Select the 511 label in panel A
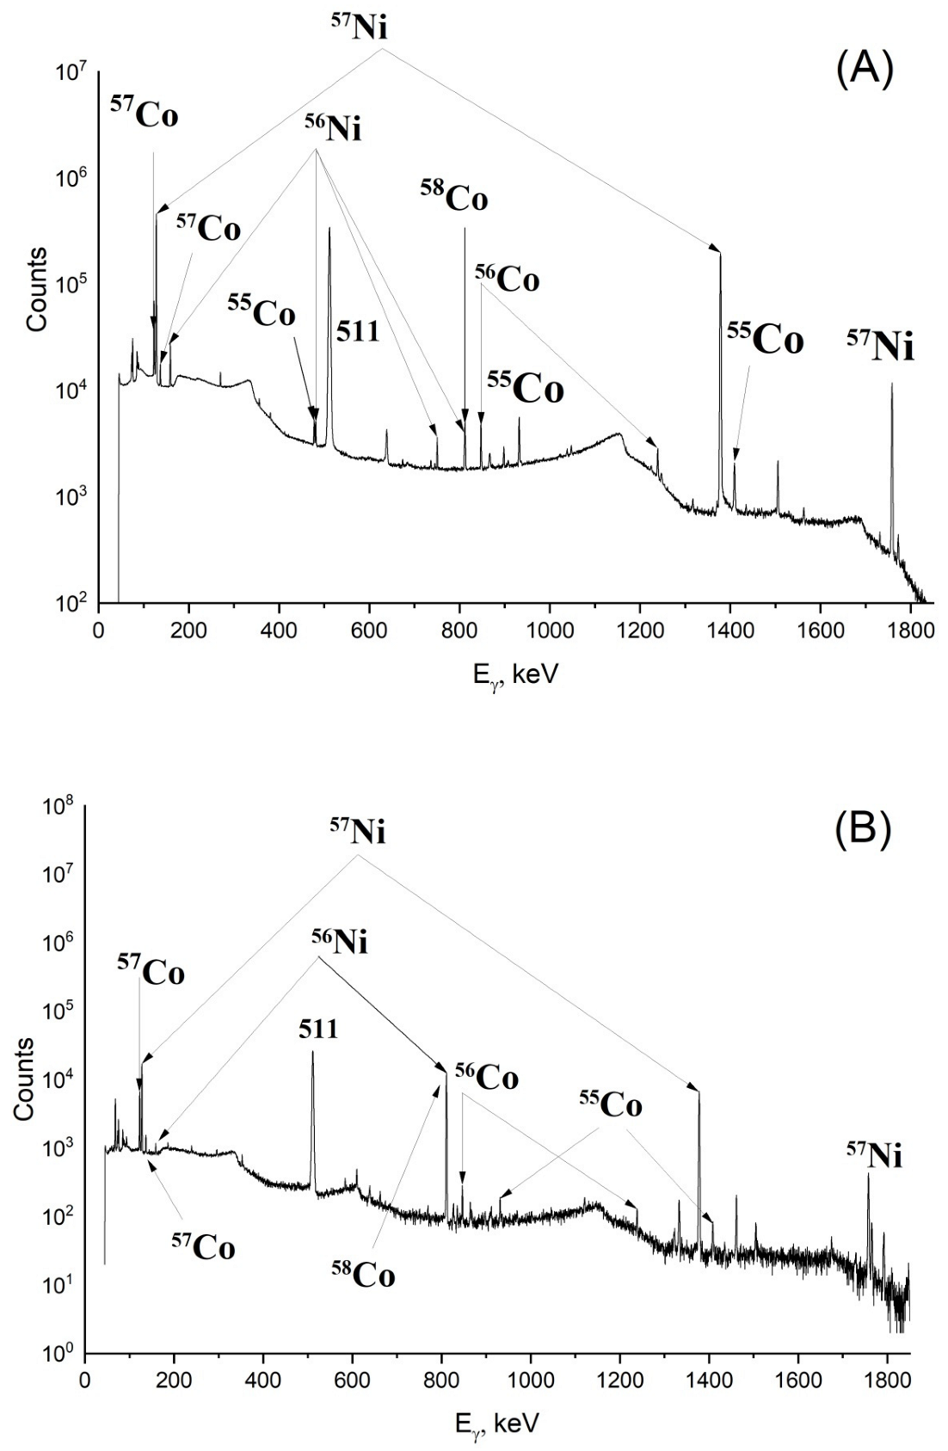click(358, 331)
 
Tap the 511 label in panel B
click(318, 1028)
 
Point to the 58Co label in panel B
click(363, 1274)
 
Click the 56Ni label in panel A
click(333, 129)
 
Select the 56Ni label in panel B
click(339, 943)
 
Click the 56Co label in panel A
click(507, 279)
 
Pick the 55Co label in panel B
click(609, 1105)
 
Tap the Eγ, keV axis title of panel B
click(496, 1423)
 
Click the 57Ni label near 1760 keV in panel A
click(880, 347)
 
